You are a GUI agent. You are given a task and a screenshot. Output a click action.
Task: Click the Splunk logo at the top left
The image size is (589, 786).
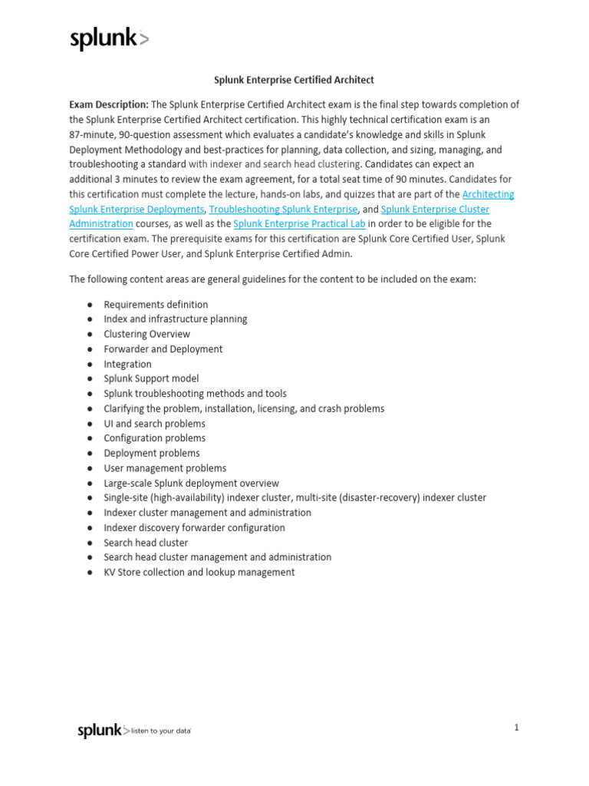coord(109,39)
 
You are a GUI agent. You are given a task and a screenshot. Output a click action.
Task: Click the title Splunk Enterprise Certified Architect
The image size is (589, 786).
coord(293,80)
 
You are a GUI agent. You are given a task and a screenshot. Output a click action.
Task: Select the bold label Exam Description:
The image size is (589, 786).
coord(109,104)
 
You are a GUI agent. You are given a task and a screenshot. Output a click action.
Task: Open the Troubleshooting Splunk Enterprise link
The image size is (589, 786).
coord(283,209)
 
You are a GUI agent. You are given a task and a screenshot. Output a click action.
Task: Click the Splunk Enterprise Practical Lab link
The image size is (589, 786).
coord(300,223)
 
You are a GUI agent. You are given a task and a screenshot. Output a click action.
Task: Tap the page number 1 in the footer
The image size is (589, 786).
coord(517,728)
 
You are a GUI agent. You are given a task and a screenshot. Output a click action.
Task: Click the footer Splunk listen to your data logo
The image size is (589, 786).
coord(134,731)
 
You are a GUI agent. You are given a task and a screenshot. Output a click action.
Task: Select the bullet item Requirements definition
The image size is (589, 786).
coord(156,305)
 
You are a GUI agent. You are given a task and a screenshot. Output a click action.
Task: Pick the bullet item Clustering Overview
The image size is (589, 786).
coord(146,334)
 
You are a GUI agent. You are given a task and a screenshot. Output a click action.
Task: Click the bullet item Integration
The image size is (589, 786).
coord(127,364)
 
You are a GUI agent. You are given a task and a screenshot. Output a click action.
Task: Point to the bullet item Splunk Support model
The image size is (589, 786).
coord(151,378)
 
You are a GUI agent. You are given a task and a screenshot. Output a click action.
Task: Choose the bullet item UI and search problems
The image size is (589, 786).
coord(154,423)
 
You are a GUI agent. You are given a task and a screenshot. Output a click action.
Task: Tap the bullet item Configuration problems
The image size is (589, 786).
coord(154,438)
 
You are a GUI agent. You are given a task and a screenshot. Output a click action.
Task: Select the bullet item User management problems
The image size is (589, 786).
coord(165,468)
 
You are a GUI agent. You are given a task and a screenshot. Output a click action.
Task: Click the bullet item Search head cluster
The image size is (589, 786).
coord(146,543)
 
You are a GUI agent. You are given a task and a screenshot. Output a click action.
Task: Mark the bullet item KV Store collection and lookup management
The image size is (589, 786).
coord(199,573)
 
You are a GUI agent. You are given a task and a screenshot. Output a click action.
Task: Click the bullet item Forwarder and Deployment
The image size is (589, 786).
coord(163,349)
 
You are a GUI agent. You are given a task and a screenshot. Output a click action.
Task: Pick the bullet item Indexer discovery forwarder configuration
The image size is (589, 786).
coord(194,528)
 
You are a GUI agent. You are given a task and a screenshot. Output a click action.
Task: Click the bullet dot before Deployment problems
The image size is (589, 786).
coord(90,454)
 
